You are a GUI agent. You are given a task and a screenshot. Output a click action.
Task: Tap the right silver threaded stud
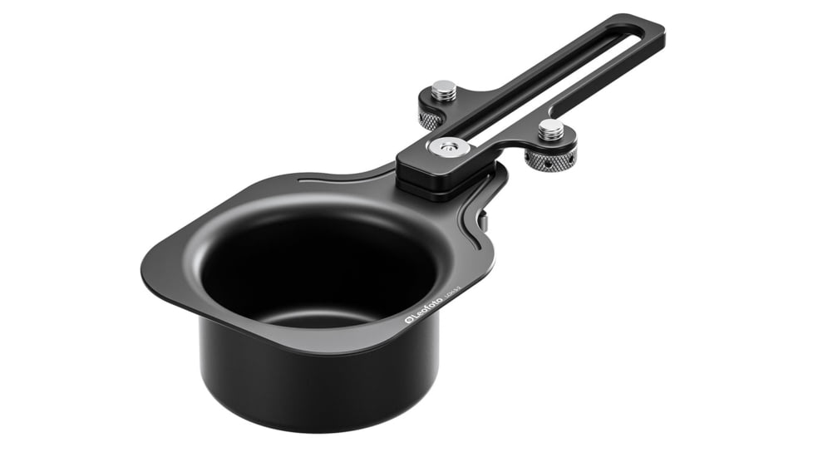(550, 129)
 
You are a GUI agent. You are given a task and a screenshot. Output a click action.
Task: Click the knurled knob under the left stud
(430, 120)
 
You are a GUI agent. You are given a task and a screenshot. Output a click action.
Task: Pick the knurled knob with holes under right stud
(550, 158)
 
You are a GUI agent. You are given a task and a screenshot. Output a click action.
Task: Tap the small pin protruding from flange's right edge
(482, 221)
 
